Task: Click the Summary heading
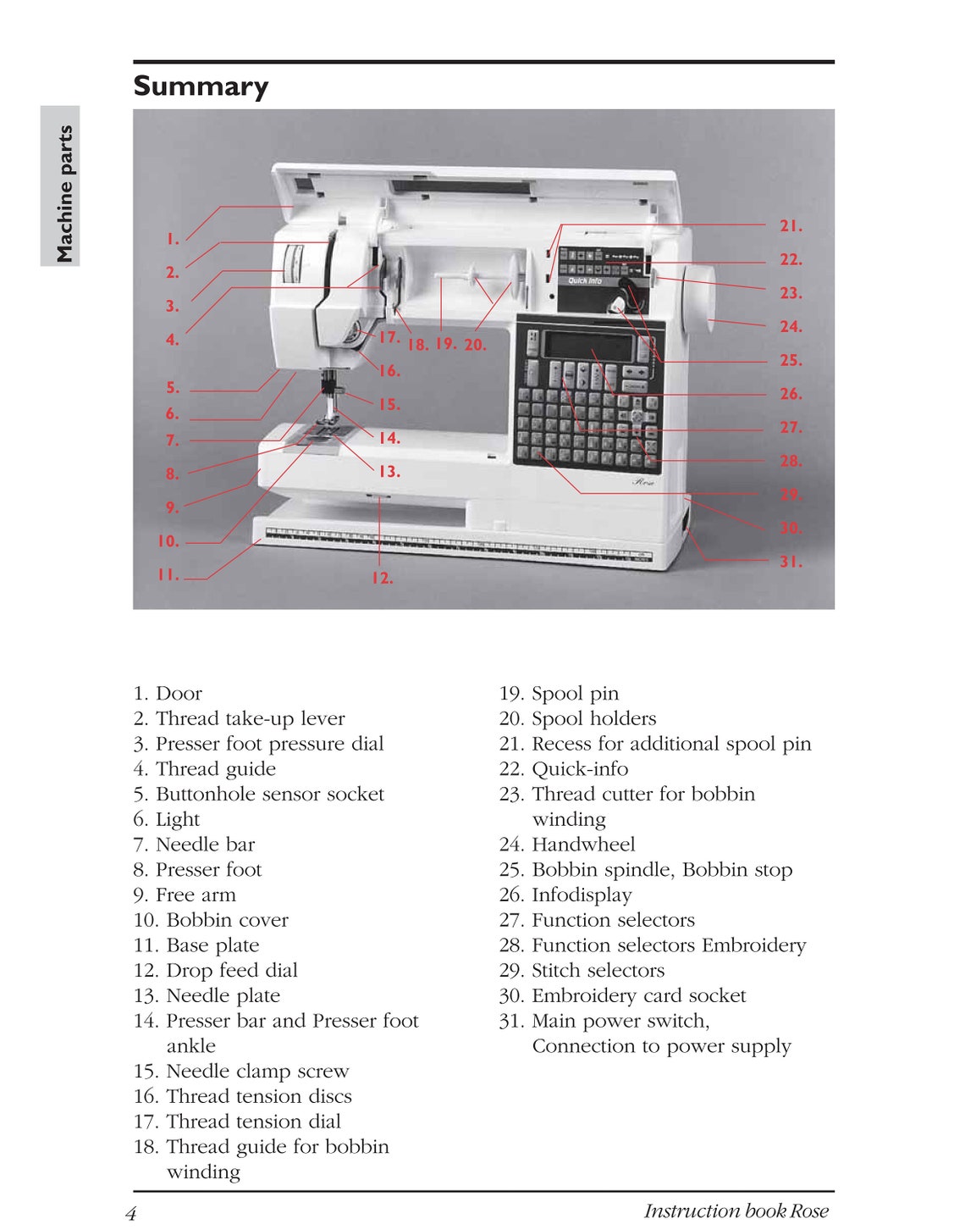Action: point(201,86)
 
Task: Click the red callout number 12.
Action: point(382,578)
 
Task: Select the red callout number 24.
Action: point(790,326)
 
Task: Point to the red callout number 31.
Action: point(790,562)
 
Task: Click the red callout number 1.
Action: point(173,239)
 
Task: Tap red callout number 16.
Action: point(389,370)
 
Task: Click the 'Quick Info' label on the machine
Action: point(585,280)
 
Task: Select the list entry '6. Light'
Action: point(167,819)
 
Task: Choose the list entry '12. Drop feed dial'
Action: point(216,970)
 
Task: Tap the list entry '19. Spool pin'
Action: point(559,694)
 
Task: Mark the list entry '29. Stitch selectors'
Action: point(582,970)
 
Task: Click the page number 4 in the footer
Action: point(131,1213)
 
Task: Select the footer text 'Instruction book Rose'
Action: point(736,1211)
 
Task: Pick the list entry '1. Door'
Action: point(168,694)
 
